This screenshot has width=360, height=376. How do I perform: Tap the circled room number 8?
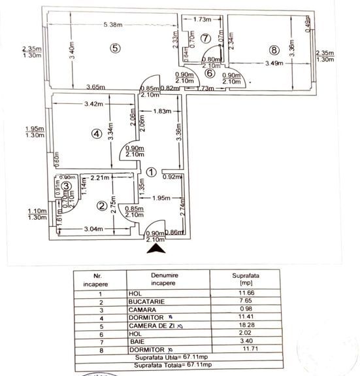[273, 49]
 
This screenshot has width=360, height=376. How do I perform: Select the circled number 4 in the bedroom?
[97, 133]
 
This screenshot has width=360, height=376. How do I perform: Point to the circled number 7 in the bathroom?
[206, 38]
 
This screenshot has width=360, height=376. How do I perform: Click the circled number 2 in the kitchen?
[101, 207]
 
